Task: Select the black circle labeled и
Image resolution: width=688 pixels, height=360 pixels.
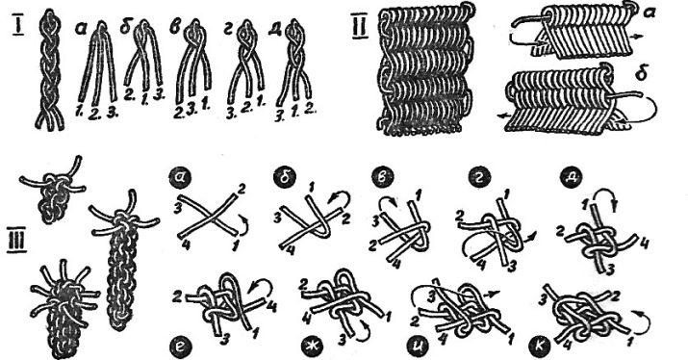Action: point(421,345)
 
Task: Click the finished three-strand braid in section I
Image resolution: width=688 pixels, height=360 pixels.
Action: point(50,70)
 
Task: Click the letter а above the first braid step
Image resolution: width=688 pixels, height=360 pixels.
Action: point(81,30)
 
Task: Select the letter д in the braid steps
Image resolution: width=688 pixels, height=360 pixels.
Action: point(277,29)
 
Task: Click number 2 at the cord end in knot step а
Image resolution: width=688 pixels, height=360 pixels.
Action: point(242,190)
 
